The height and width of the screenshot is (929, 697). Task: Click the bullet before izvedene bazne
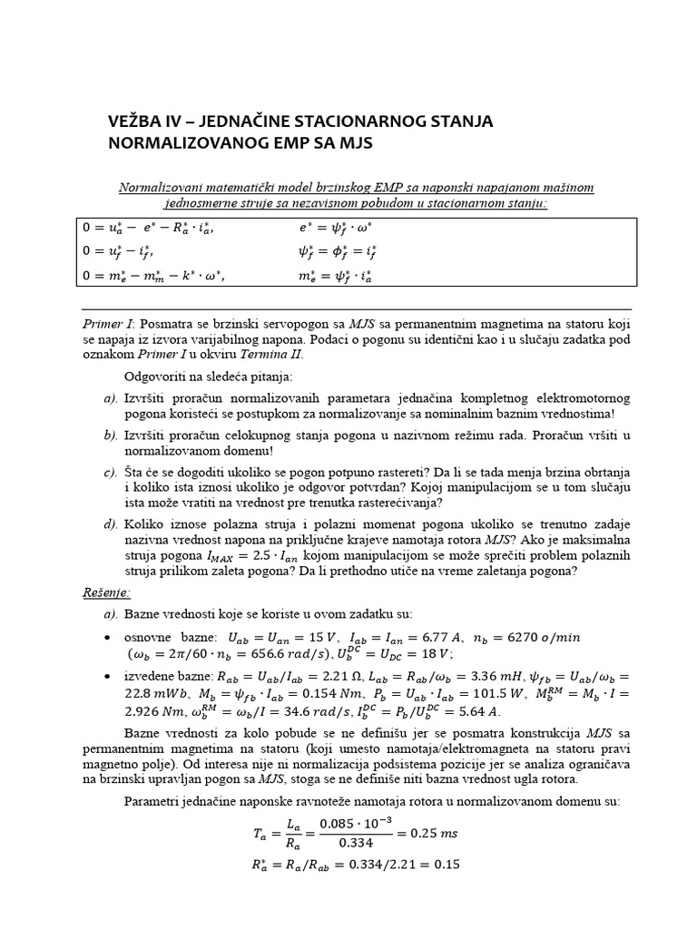coord(109,676)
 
